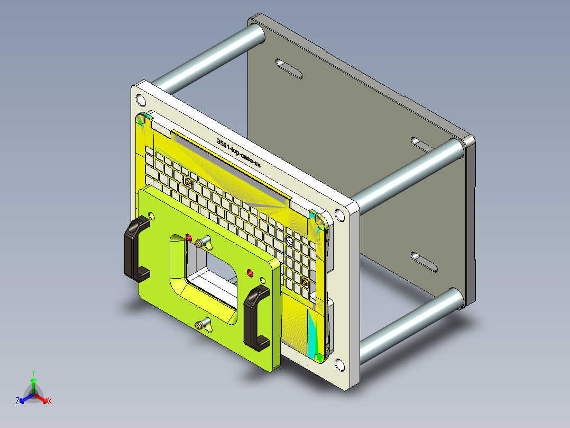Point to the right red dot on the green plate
[x=250, y=273]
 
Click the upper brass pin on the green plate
[x=199, y=243]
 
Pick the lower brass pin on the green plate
[x=199, y=324]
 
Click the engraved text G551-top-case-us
[x=238, y=154]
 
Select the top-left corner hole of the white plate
[x=140, y=100]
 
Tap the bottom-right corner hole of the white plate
[x=338, y=364]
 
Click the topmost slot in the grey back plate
[x=289, y=68]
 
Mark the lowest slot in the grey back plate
[x=425, y=262]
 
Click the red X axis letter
[x=50, y=401]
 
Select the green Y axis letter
[x=33, y=372]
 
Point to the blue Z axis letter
[x=17, y=401]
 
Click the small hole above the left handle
[x=152, y=216]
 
